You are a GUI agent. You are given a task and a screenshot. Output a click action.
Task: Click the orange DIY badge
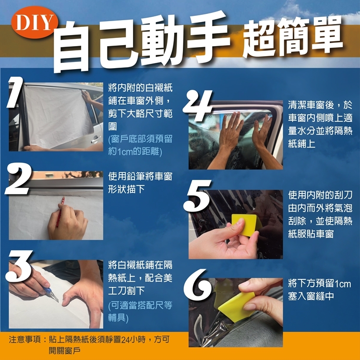pos(35,22)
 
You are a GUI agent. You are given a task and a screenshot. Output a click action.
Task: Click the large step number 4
pos(198,105)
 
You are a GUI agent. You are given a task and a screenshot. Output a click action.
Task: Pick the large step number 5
pos(198,196)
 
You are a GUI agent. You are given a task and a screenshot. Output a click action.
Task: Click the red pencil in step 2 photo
pos(60,212)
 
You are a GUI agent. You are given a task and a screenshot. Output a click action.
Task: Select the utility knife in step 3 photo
pos(51,294)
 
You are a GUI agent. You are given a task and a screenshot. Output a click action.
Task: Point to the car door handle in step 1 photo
pos(95,139)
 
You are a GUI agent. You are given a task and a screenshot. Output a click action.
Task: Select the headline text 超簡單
pos(293,37)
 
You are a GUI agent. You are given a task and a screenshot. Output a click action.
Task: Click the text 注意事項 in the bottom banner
pos(25,339)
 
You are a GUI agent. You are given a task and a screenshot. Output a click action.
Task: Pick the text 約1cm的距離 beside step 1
pos(135,152)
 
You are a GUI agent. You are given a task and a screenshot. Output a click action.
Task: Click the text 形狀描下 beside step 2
pos(127,190)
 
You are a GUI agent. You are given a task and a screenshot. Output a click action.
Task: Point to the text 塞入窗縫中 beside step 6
pos(311,297)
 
